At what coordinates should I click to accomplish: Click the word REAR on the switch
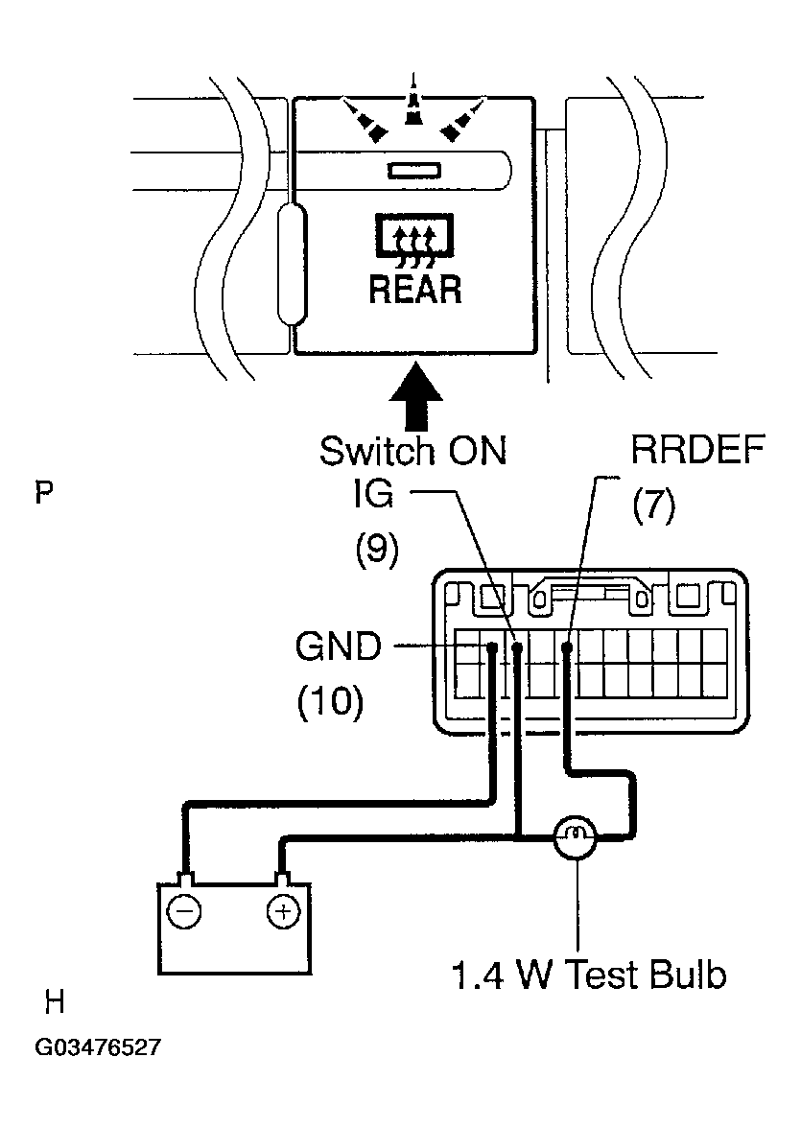415,289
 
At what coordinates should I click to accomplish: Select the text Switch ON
413,451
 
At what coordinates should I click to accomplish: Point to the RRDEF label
697,451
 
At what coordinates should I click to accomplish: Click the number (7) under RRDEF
653,505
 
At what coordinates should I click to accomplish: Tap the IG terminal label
373,493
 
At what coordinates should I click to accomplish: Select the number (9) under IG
376,550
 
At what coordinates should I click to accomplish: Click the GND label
339,646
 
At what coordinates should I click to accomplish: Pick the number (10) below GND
330,700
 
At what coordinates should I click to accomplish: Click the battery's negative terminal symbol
184,912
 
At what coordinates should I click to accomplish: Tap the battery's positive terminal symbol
284,912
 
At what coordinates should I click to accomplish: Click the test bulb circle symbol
576,836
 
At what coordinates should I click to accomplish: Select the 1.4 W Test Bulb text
589,975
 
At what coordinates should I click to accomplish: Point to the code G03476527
98,1046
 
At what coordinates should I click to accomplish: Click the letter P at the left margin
44,493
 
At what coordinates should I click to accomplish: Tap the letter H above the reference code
55,1001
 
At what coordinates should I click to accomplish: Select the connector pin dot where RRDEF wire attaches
567,647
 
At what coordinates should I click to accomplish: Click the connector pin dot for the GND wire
493,647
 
